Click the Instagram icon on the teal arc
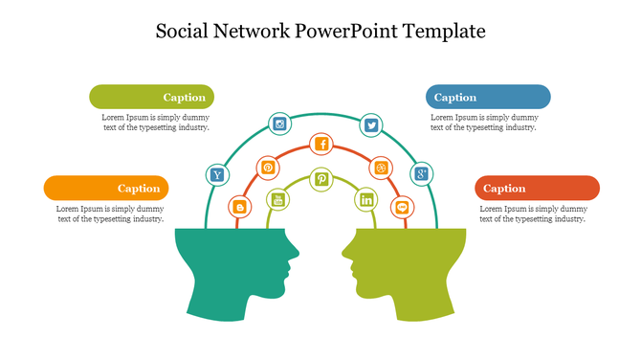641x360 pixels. tap(280, 124)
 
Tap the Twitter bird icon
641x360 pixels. tap(371, 124)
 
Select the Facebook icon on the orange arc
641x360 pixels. tap(322, 145)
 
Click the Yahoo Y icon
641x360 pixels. tap(218, 174)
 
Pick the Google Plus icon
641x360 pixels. tap(421, 174)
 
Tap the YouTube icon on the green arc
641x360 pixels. tap(278, 200)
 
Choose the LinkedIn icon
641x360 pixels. tap(365, 200)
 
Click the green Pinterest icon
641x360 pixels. tap(322, 179)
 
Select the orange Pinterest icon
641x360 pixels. tap(268, 168)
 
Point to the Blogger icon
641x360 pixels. tap(239, 206)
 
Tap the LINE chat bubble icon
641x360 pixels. tap(403, 206)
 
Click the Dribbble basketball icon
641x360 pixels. tap(380, 168)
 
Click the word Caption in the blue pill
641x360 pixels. tap(455, 97)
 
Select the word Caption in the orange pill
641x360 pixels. tap(139, 189)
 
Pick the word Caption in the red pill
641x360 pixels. tap(504, 189)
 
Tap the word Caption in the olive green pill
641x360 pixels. tap(184, 97)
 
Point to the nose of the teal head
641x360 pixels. tap(298, 254)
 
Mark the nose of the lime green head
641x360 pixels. tap(343, 254)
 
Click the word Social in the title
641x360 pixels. tap(184, 32)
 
